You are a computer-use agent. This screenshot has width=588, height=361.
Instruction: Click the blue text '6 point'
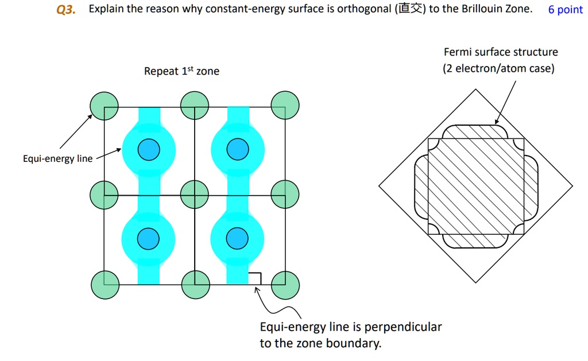coord(565,10)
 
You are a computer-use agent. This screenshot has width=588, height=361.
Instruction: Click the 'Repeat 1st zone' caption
coord(181,71)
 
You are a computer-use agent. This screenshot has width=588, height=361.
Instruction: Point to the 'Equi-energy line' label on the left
coord(57,159)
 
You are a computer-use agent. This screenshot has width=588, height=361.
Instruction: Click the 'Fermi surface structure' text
coord(501,52)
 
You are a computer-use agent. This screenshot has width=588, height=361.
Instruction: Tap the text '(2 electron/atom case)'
coord(498,69)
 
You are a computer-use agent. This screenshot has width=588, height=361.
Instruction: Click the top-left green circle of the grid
coord(105,106)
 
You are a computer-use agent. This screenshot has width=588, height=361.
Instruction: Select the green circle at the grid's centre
coord(195,195)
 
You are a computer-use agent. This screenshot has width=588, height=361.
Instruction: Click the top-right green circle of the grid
coord(285,106)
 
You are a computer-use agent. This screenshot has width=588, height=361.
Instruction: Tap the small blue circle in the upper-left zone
coord(149,150)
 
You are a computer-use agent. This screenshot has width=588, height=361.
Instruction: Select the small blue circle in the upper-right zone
coord(237,150)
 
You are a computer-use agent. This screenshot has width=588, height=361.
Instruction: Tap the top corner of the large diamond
coord(475,90)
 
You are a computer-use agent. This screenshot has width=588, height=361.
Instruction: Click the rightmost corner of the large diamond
coord(572,187)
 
